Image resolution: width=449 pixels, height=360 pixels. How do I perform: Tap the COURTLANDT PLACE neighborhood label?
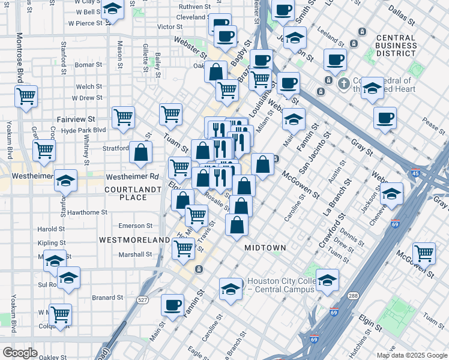click(125, 193)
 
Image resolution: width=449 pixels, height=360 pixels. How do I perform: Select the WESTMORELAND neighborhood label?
click(134, 240)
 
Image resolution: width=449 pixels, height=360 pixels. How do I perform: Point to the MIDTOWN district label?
click(265, 247)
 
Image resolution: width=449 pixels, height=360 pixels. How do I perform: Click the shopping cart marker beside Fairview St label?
click(123, 117)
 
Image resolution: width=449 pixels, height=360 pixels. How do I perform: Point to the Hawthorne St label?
click(87, 212)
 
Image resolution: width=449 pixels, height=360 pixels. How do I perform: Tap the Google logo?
click(20, 353)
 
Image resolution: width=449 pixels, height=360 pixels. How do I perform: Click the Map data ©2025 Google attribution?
click(411, 355)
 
